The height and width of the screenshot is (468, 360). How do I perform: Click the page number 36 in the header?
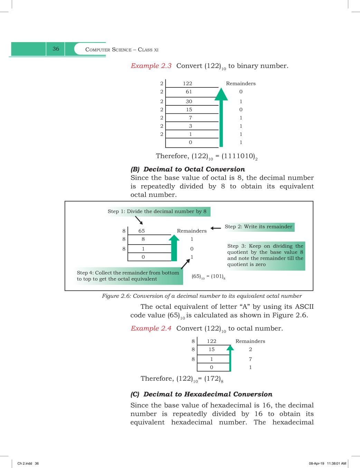coord(56,49)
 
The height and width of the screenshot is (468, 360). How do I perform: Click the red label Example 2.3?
coord(151,66)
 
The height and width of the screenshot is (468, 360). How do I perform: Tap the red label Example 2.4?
coord(151,328)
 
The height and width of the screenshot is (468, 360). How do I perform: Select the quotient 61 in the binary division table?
coord(189,92)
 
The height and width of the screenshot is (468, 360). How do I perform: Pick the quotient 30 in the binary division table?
coord(189,102)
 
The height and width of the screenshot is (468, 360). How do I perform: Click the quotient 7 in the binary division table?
coord(190,118)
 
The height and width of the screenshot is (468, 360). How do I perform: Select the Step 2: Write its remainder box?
coord(258,227)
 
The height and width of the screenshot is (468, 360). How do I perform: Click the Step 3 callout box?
coord(265,255)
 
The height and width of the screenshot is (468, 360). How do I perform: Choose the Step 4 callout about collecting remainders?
coord(128,276)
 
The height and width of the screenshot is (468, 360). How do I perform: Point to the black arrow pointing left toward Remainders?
coord(216,228)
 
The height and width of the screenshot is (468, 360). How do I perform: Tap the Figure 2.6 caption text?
coord(202,296)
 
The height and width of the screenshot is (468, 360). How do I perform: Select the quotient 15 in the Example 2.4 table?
coord(211,350)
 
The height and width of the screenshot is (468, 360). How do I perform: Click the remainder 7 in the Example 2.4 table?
coord(250,359)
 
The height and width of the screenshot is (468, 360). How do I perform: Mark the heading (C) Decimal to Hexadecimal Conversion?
coord(201,394)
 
